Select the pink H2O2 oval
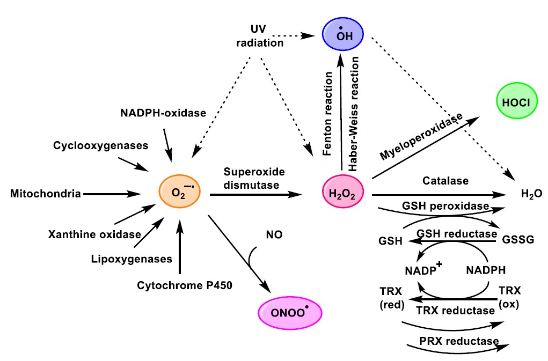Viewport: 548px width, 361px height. [342, 193]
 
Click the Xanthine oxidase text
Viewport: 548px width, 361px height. [94, 234]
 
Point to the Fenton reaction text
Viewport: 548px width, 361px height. [329, 114]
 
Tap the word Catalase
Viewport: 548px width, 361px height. [444, 181]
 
